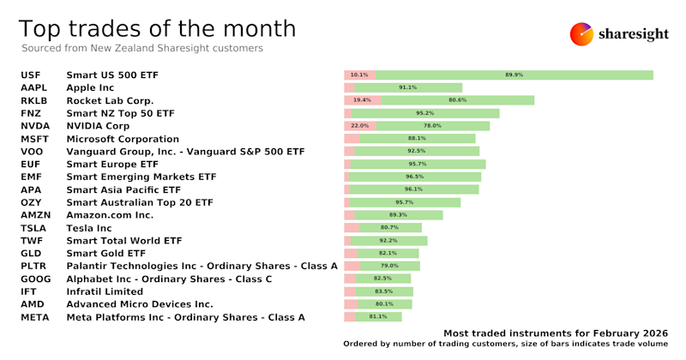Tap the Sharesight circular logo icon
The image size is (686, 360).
[x=582, y=34]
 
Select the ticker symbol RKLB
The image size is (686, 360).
[x=36, y=100]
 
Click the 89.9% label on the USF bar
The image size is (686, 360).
[x=514, y=75]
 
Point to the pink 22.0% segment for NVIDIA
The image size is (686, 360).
[x=360, y=126]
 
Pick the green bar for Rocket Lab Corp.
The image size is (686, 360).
[x=458, y=100]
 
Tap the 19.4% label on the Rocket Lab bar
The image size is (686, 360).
[x=362, y=100]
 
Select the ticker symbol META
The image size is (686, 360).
[x=36, y=317]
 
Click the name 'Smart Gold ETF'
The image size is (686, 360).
[x=106, y=254]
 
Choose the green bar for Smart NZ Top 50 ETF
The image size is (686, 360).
[x=425, y=113]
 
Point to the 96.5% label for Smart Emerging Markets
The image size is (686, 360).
[x=415, y=177]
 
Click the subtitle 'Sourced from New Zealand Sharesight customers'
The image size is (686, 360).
[x=141, y=49]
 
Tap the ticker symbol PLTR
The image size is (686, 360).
[x=35, y=267]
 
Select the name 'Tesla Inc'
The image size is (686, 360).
[x=89, y=228]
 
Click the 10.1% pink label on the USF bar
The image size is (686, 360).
[x=359, y=75]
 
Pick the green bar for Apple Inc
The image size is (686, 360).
[x=408, y=87]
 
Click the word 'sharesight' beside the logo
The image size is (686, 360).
[x=637, y=34]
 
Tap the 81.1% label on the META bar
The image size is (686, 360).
[x=378, y=317]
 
